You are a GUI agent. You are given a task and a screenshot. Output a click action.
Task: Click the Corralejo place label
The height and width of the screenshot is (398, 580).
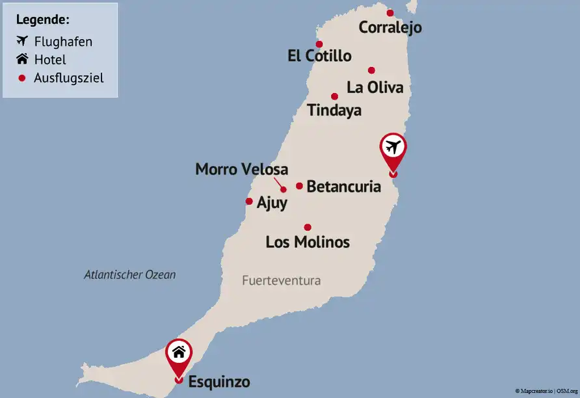coord(390,27)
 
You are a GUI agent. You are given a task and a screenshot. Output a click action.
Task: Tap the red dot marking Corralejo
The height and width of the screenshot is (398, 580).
coord(390,12)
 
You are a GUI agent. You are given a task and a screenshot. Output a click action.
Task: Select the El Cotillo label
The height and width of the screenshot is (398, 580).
coord(319,56)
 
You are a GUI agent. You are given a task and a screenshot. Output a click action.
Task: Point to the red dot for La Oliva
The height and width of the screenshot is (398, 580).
coord(371,70)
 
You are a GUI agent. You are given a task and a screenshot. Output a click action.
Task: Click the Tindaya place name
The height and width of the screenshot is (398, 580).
coord(334,111)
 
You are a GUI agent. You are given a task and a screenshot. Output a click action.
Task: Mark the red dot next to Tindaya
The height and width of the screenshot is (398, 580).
coord(334,96)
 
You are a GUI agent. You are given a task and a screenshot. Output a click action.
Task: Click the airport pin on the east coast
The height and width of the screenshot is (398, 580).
coord(392,150)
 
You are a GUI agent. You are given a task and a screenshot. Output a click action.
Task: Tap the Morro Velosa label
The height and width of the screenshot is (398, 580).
coord(241,169)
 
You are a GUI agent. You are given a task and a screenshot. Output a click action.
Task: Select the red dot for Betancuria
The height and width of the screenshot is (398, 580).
coord(299,186)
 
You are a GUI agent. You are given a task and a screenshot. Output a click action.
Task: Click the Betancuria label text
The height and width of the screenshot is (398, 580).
coord(343,187)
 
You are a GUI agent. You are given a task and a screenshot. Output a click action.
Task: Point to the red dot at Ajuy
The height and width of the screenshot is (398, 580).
coord(249,202)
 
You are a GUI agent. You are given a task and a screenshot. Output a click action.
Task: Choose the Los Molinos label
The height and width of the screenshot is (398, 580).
coord(308,243)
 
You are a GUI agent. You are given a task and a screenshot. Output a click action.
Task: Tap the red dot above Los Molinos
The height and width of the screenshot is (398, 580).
coord(308,227)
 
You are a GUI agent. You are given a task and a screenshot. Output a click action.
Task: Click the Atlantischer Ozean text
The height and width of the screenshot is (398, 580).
coord(130,274)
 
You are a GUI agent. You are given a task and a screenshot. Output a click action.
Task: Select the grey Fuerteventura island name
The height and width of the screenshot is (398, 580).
coord(282,281)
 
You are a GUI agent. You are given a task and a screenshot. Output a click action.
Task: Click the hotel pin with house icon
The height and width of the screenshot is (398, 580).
coord(179,355)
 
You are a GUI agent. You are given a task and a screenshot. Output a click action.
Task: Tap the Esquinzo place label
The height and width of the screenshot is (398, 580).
coord(219,382)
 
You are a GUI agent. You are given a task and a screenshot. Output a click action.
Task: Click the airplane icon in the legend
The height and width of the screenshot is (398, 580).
coord(22,41)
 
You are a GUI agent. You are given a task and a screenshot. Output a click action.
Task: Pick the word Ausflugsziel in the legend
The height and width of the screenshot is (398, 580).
coord(69,78)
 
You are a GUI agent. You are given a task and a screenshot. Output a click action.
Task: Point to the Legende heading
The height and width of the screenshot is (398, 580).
coord(42,20)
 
